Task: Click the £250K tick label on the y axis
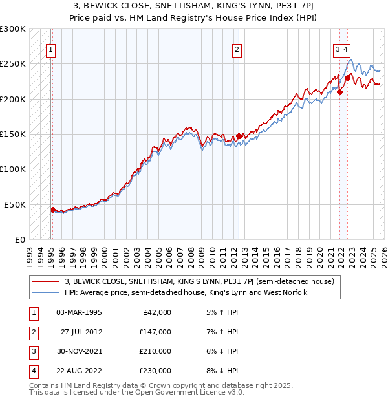(13, 64)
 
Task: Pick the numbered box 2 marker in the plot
(237, 49)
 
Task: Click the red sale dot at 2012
(239, 136)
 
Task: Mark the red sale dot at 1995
(52, 210)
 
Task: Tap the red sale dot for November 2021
(339, 92)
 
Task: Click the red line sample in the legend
(47, 281)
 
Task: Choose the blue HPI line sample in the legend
(47, 292)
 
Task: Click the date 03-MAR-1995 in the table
(79, 312)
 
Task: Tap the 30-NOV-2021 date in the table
(79, 351)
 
